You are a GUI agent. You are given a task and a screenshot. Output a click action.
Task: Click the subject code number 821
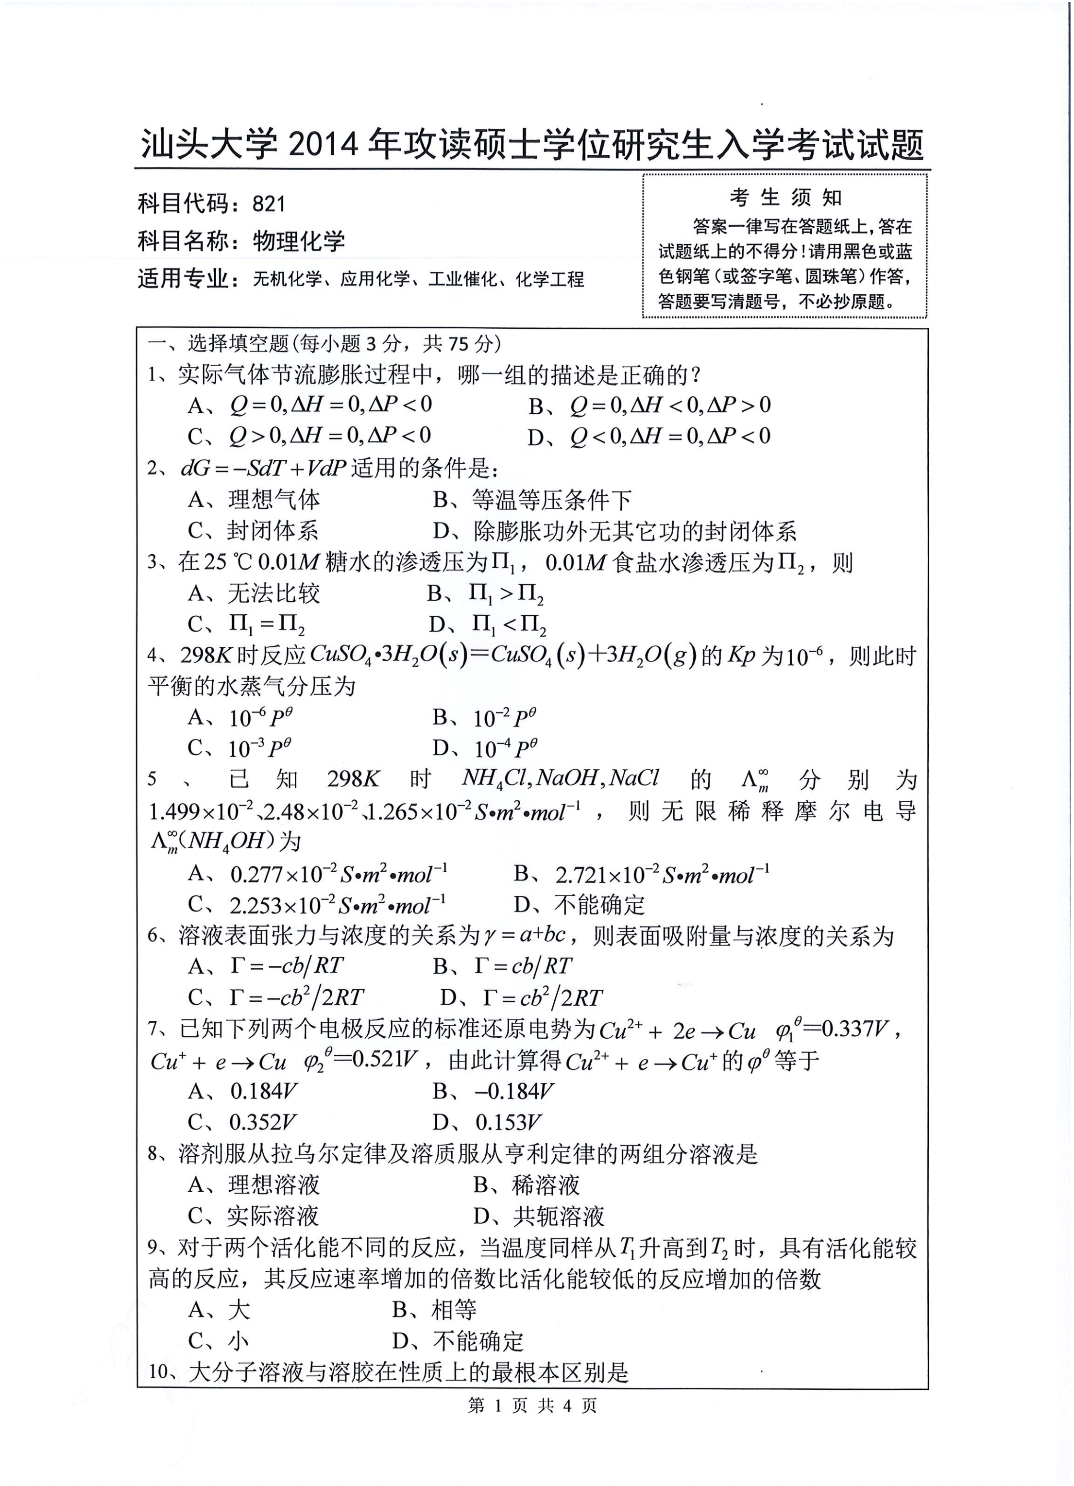[269, 204]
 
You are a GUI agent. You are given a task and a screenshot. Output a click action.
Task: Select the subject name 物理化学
[299, 241]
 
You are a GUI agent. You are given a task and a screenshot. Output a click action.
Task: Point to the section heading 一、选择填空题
[218, 343]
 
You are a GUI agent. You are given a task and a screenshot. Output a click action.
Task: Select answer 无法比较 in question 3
[273, 593]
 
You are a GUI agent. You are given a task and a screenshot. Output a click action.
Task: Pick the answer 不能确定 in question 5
[599, 905]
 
